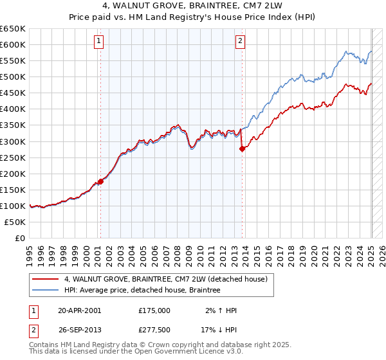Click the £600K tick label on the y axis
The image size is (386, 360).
click(13, 44)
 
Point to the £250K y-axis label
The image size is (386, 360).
click(13, 157)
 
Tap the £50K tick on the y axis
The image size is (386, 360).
click(15, 222)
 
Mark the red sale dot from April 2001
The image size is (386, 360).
click(100, 181)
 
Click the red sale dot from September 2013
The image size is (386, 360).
click(242, 148)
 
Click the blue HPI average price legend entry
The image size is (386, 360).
click(142, 291)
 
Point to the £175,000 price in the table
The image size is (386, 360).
click(154, 310)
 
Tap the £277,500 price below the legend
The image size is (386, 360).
click(154, 328)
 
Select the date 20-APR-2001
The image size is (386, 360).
click(80, 310)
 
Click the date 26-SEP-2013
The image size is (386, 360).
click(80, 328)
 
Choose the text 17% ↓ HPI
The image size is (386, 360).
click(219, 328)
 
